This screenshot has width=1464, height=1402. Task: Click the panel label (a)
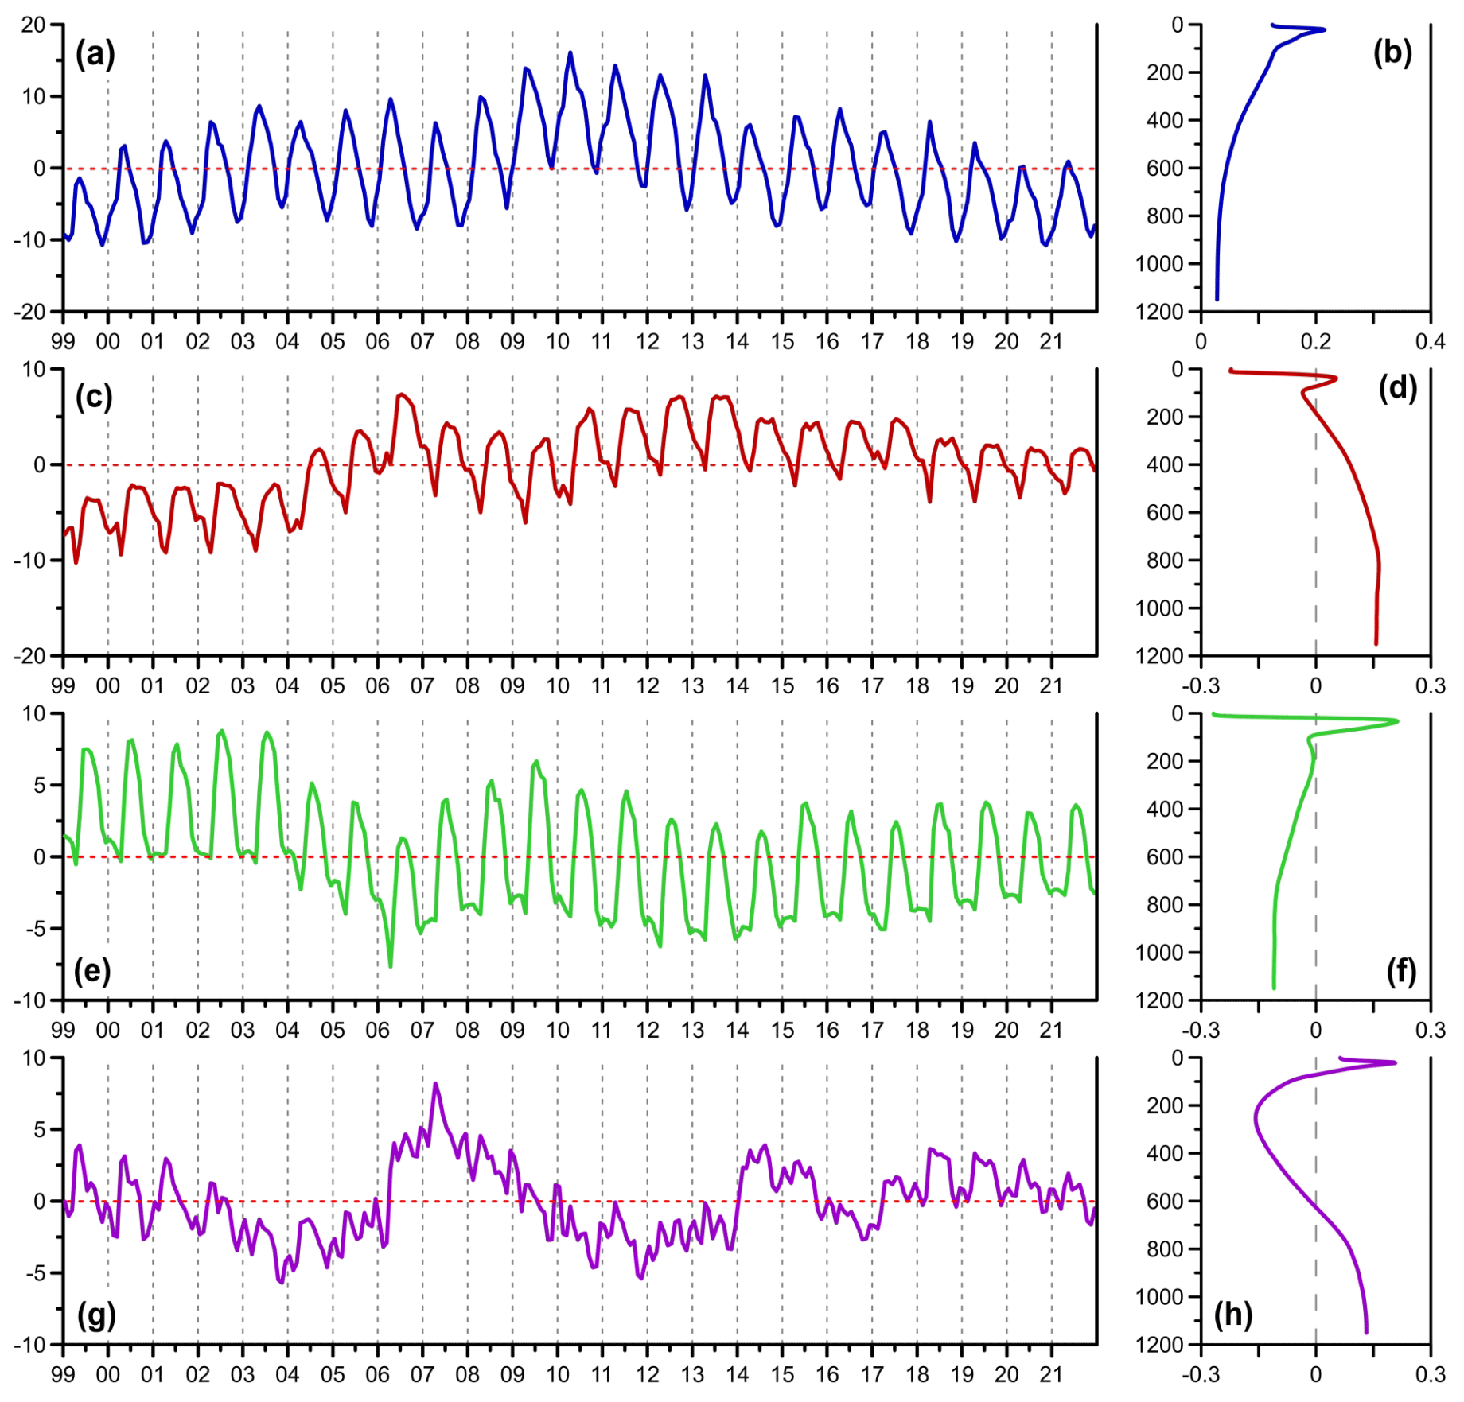pyautogui.click(x=95, y=55)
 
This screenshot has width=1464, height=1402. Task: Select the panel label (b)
pyautogui.click(x=1392, y=52)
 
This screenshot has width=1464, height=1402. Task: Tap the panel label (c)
pyautogui.click(x=94, y=397)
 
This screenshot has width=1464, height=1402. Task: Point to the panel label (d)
pyautogui.click(x=1397, y=387)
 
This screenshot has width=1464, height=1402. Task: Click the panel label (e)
pyautogui.click(x=92, y=970)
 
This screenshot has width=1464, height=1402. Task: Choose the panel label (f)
pyautogui.click(x=1401, y=970)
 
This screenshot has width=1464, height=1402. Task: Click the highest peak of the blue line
pyautogui.click(x=570, y=53)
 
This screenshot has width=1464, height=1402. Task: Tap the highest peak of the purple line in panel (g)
pyautogui.click(x=435, y=1083)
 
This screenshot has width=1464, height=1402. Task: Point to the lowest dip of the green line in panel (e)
pyautogui.click(x=391, y=966)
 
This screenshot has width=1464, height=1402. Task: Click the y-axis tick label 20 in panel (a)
pyautogui.click(x=33, y=25)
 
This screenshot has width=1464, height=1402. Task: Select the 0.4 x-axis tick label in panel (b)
pyautogui.click(x=1430, y=341)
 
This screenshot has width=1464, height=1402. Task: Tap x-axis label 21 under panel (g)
pyautogui.click(x=1051, y=1374)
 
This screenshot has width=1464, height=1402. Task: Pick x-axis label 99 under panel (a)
pyautogui.click(x=63, y=341)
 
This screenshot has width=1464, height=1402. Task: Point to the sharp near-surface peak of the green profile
pyautogui.click(x=1397, y=721)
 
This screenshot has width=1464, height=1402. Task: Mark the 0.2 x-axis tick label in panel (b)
pyautogui.click(x=1315, y=341)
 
